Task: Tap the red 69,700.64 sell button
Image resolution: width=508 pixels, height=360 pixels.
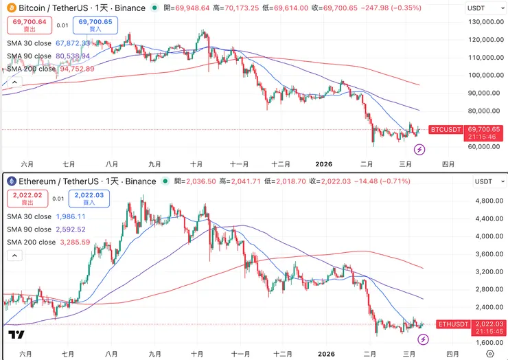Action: tap(29, 25)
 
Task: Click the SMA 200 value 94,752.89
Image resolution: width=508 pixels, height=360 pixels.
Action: tap(77, 69)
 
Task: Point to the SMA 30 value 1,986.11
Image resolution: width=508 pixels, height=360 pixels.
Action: tap(75, 216)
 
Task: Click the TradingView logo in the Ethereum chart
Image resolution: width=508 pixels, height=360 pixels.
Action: tap(16, 335)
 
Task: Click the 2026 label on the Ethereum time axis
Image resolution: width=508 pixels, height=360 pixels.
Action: tap(324, 354)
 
